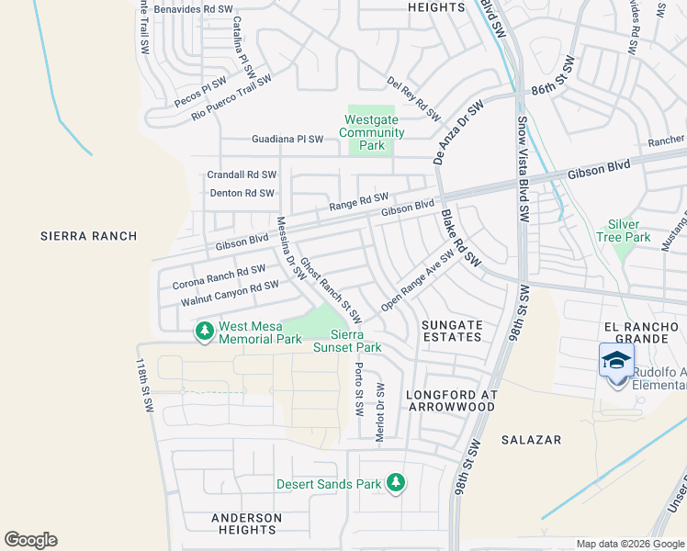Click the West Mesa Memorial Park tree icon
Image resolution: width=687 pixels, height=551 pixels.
click(203, 329)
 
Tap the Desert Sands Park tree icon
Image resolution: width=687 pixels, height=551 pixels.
click(395, 483)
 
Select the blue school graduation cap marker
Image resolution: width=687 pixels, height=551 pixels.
click(616, 361)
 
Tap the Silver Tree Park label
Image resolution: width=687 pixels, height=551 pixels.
click(629, 231)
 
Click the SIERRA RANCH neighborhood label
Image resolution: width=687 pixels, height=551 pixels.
click(89, 236)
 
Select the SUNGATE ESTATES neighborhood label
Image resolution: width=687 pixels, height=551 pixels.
click(451, 331)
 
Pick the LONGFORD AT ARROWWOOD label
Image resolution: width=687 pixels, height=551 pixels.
click(451, 400)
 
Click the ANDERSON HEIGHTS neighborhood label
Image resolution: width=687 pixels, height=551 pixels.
click(246, 523)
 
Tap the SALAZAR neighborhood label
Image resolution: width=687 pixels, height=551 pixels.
click(531, 440)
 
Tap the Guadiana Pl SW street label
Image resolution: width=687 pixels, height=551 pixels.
click(287, 140)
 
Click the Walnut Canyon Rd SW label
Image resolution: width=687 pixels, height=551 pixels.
click(230, 293)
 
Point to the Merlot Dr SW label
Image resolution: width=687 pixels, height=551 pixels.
click(379, 413)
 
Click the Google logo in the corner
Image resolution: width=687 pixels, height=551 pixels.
click(30, 540)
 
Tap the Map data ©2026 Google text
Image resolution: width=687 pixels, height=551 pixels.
click(629, 544)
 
